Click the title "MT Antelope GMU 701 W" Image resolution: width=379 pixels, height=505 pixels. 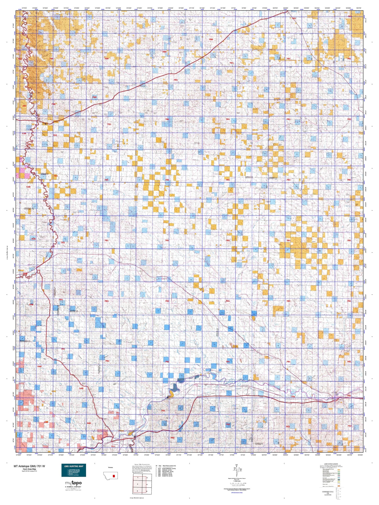click(x=29, y=466)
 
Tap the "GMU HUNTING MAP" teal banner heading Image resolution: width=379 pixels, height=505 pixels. click(x=74, y=466)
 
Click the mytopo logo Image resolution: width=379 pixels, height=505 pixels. click(x=73, y=483)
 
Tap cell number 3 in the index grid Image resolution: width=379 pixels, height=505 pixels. click(x=137, y=484)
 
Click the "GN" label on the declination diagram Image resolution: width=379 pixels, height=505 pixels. click(x=237, y=465)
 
